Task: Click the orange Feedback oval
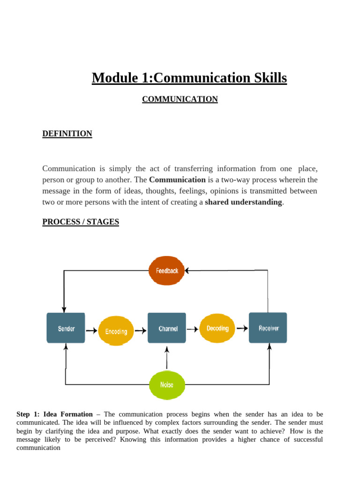(x=167, y=271)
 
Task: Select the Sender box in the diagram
(x=66, y=328)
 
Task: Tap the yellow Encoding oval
(x=116, y=331)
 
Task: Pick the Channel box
(x=167, y=328)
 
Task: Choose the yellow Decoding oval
(x=217, y=328)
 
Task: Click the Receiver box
(x=268, y=328)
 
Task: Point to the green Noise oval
(x=167, y=385)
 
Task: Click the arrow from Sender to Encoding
(x=91, y=330)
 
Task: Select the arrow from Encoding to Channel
(x=141, y=330)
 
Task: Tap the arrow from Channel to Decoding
(x=193, y=329)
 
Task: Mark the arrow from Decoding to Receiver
(x=242, y=328)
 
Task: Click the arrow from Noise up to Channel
(x=167, y=359)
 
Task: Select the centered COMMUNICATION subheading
(x=180, y=99)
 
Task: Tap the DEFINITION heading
(x=67, y=134)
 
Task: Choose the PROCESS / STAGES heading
(x=81, y=222)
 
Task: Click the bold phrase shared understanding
(x=243, y=202)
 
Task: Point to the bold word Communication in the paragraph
(x=177, y=180)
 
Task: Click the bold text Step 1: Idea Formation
(x=54, y=414)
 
